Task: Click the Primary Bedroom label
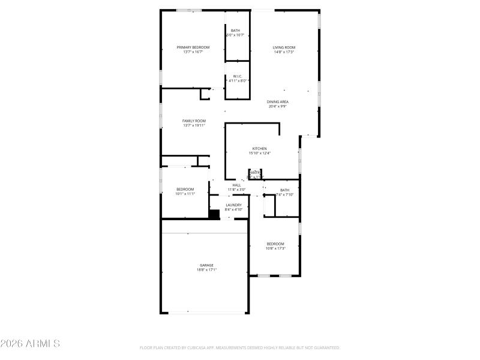point(193,47)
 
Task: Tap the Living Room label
point(284,47)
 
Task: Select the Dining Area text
point(277,102)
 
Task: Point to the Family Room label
point(194,121)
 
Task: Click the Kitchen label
point(259,148)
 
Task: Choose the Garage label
point(206,265)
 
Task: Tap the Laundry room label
point(233,205)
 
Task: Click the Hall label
point(236,185)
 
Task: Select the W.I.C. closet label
point(237,76)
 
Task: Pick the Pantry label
point(255,173)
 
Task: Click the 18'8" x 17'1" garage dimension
point(206,270)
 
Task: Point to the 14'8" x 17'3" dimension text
point(284,52)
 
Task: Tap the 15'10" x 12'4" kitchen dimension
point(259,153)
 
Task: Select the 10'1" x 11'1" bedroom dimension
point(185,194)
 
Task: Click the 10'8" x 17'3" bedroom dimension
point(275,248)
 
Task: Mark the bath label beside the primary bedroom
point(236,31)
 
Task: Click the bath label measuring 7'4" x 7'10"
point(284,190)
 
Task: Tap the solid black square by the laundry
point(214,214)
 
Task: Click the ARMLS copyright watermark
point(30,344)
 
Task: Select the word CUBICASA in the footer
point(204,347)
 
